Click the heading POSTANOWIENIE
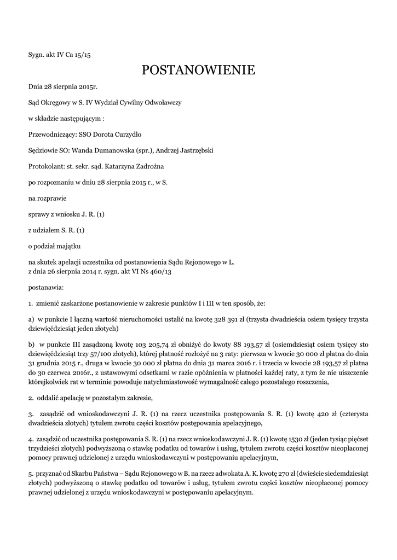click(x=198, y=70)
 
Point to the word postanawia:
click(x=46, y=287)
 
